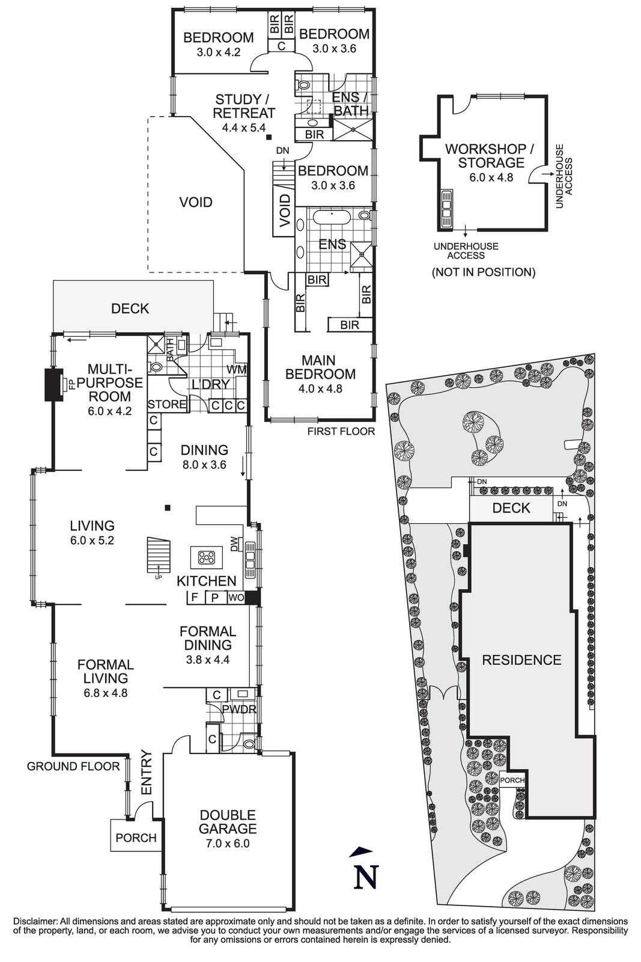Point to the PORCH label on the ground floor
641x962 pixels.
click(136, 838)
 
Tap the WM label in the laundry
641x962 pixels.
click(235, 369)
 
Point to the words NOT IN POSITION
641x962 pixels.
click(483, 272)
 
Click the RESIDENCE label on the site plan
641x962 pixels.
click(521, 660)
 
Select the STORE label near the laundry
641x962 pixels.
click(167, 404)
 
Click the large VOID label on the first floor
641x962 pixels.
click(196, 202)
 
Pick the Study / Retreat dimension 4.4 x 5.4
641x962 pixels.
click(244, 127)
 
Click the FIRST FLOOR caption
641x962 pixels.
click(341, 431)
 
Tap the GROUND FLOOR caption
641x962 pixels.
click(73, 766)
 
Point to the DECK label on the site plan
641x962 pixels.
click(511, 508)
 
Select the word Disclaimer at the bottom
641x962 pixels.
click(34, 921)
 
